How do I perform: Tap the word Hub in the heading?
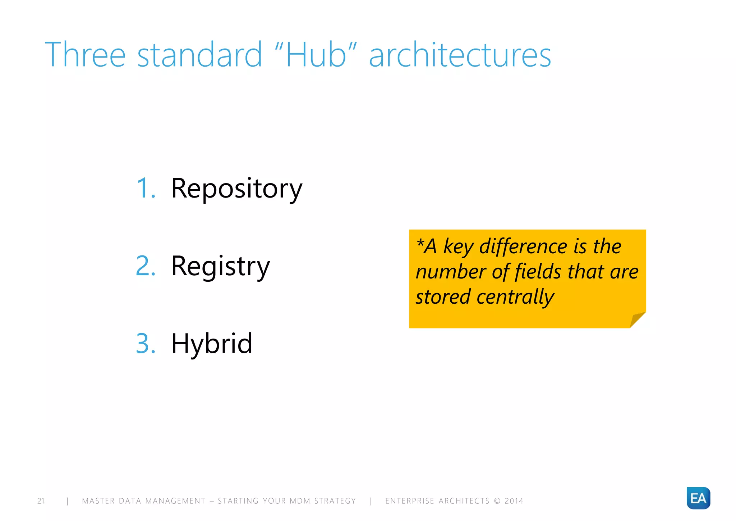point(316,55)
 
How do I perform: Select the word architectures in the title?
point(460,55)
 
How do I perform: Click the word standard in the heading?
point(199,55)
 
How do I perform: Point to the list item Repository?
point(236,189)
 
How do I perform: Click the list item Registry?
point(220,266)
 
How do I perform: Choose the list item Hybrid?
point(212,344)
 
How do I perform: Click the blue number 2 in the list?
point(145,266)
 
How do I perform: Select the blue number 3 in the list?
point(145,344)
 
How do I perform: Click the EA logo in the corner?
point(698,498)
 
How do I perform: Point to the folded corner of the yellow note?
point(637,320)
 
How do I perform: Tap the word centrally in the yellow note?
point(515,297)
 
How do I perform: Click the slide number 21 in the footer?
point(41,501)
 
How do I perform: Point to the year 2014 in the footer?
point(514,501)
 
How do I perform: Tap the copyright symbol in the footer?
point(497,501)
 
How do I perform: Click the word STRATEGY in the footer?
point(335,501)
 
